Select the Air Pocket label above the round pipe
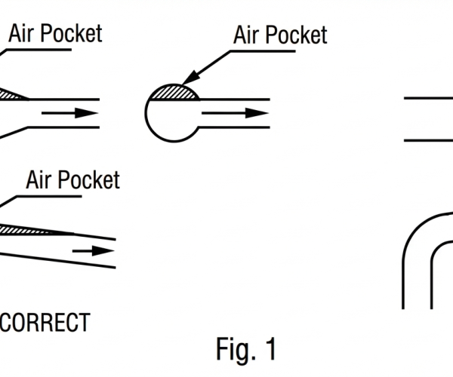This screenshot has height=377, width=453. pos(280,35)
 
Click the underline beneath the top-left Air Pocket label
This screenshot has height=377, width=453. pos(45,50)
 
